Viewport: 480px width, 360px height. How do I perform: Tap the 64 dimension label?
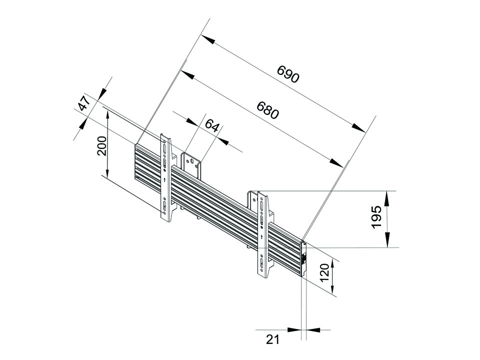[x=212, y=125]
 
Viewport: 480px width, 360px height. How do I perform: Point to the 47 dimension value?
[x=84, y=103]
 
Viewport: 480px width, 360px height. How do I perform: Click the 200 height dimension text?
[x=102, y=146]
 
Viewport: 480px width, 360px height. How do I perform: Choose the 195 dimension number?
[x=376, y=217]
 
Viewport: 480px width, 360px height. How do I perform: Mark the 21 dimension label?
[x=273, y=339]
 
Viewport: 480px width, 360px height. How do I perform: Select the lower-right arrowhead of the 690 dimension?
[x=358, y=127]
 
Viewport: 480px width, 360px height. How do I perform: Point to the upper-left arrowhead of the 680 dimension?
[x=187, y=74]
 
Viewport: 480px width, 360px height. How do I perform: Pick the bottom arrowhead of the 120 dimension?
[x=332, y=287]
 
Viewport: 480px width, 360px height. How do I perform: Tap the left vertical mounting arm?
[x=166, y=177]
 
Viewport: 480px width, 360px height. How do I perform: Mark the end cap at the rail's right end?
[x=303, y=258]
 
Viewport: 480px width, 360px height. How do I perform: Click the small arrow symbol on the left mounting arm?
[x=164, y=179]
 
